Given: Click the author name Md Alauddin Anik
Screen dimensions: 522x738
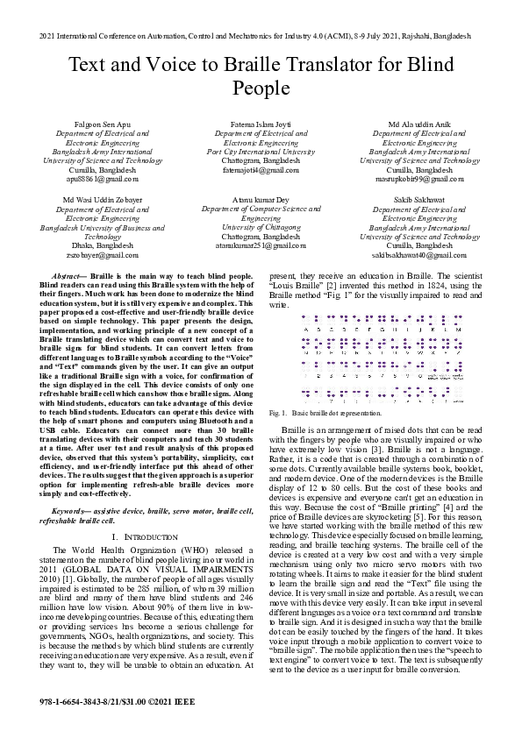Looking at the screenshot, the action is click(419, 125).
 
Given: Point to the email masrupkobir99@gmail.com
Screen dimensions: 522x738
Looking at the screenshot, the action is click(419, 178).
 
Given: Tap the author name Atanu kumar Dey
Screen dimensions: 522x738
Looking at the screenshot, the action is click(261, 201).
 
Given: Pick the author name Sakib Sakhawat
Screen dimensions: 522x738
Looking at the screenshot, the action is click(419, 201).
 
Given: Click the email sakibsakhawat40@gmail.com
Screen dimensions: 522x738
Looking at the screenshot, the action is click(419, 254).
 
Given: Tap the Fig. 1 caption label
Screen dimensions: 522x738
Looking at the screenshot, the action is click(278, 412).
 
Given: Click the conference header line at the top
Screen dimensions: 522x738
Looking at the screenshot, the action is click(261, 38).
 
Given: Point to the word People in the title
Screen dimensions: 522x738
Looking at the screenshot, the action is click(261, 88).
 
